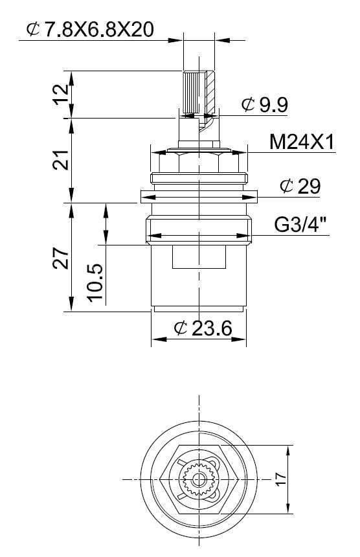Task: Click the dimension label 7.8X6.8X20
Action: click(98, 30)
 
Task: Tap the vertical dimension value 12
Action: click(62, 94)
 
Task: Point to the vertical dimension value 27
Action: click(61, 258)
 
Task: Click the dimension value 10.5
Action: click(95, 282)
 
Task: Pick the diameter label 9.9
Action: click(274, 104)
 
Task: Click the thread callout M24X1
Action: click(302, 142)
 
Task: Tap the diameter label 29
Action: click(309, 186)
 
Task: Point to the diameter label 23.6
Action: click(212, 328)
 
